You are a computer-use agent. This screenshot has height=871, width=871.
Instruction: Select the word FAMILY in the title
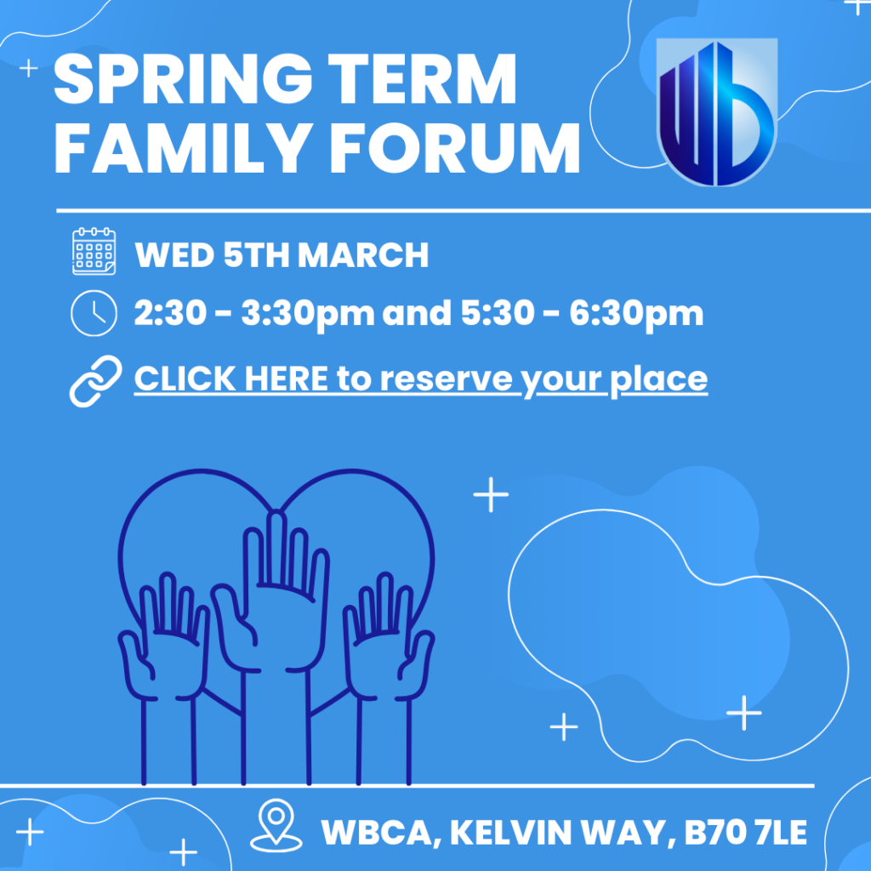[183, 148]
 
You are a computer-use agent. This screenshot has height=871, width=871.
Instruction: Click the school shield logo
[716, 111]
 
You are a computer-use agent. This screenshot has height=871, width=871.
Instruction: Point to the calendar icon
[94, 251]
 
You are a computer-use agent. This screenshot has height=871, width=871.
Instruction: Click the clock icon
[94, 313]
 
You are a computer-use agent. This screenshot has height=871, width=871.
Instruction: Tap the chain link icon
[95, 381]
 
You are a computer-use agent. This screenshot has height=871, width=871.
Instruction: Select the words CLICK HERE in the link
[231, 379]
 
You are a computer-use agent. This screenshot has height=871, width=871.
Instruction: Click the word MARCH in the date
[363, 255]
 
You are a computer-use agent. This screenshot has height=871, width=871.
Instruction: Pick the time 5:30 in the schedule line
[498, 313]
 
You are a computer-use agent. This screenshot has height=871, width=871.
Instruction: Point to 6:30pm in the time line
[636, 315]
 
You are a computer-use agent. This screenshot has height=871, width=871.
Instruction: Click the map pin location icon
[276, 825]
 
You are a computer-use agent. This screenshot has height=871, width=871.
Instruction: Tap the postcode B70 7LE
[745, 832]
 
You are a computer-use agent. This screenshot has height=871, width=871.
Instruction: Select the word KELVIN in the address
[510, 832]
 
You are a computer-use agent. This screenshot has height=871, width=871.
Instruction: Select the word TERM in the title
[423, 79]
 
